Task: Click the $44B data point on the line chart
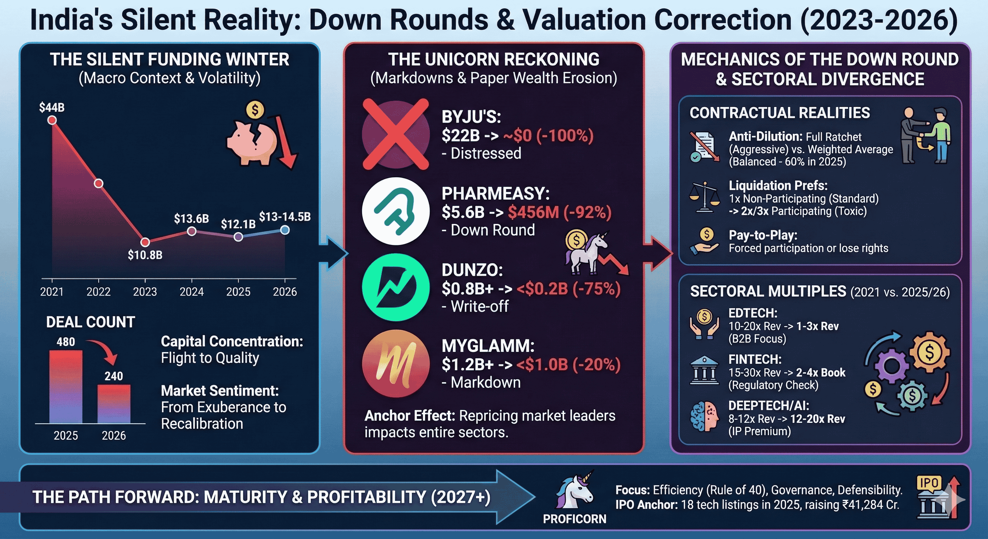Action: [x=52, y=120]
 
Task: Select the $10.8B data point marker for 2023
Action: [x=145, y=242]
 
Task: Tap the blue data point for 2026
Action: [x=285, y=230]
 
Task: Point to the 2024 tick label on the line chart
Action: [x=191, y=292]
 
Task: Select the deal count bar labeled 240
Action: [x=114, y=404]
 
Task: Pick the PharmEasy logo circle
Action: [x=395, y=211]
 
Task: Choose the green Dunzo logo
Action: [x=395, y=287]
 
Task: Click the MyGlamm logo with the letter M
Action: [x=395, y=363]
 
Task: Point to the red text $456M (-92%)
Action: [x=559, y=212]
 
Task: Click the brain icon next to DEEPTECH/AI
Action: [x=704, y=417]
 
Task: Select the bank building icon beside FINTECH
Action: [x=704, y=370]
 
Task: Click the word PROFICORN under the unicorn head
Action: [x=574, y=519]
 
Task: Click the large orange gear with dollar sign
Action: [x=929, y=352]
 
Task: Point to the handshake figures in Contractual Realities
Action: [x=925, y=135]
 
